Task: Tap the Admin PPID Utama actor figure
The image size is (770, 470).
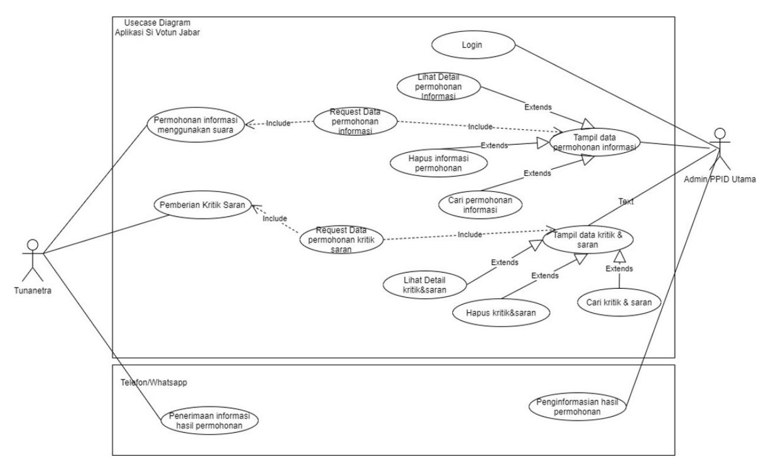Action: [x=720, y=149]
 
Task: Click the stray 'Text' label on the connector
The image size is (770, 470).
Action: [x=626, y=201]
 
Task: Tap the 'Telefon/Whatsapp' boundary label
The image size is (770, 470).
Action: [x=154, y=383]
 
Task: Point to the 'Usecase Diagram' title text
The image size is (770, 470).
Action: [x=157, y=22]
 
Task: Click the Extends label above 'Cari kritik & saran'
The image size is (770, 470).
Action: [x=619, y=269]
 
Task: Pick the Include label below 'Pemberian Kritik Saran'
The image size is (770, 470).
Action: [x=275, y=218]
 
